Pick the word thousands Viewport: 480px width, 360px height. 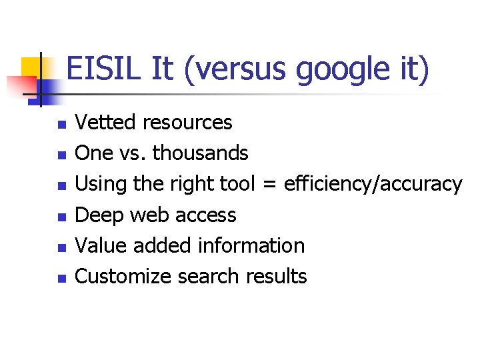pos(200,153)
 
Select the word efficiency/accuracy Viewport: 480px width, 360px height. pos(373,184)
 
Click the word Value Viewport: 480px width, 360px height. pos(101,246)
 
